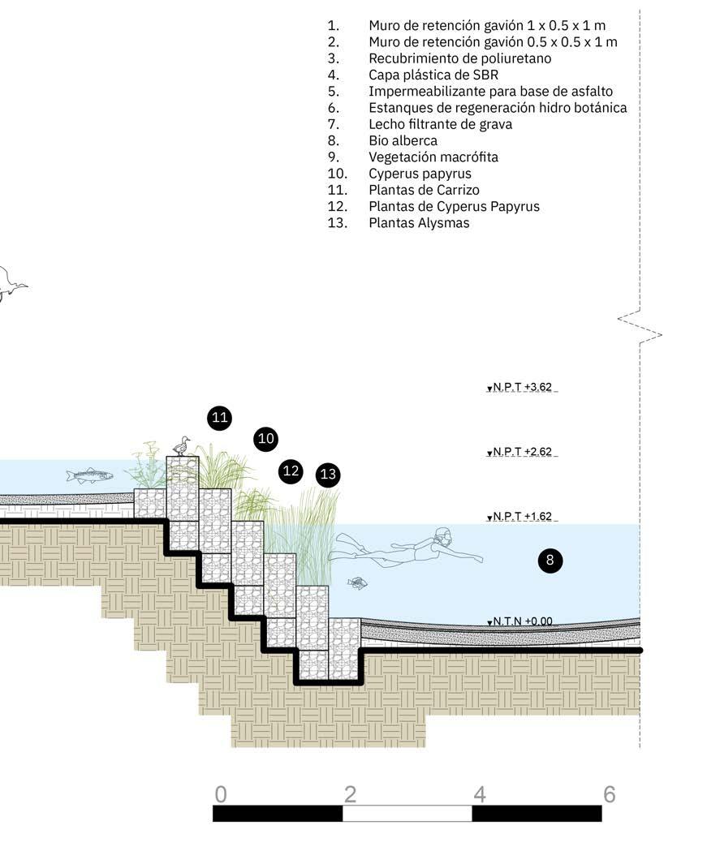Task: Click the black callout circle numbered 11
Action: coord(219,419)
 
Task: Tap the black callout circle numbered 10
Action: coord(265,440)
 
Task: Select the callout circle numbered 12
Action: coord(291,471)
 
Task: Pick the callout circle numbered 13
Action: coord(328,475)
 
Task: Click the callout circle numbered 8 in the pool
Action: coord(550,560)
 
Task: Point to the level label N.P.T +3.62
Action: coord(522,388)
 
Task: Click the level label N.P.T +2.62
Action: coord(522,452)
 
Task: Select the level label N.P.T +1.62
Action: coord(522,517)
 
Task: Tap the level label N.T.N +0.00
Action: coord(522,622)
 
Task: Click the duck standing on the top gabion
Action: coord(182,446)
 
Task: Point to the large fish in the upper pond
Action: coord(88,475)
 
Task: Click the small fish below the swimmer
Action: coord(357,582)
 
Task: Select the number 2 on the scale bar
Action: coord(350,793)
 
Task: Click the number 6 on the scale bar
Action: coord(609,793)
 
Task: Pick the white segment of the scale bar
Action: coord(407,813)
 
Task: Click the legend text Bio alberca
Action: coord(403,140)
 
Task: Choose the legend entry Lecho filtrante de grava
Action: coord(440,124)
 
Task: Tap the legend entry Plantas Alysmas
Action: coord(419,222)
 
